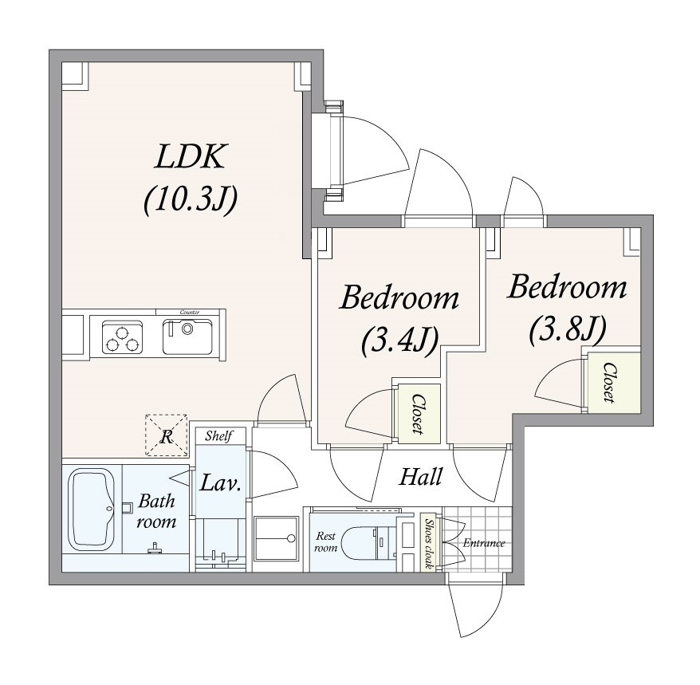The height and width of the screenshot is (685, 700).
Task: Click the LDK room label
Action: click(x=189, y=156)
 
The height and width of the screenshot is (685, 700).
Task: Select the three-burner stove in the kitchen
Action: click(x=122, y=337)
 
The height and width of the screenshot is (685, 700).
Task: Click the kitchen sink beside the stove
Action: click(x=187, y=337)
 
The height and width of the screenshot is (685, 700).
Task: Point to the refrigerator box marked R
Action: click(x=166, y=435)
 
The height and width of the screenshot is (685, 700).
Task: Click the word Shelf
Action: click(x=218, y=436)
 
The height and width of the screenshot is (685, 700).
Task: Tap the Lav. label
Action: click(x=221, y=482)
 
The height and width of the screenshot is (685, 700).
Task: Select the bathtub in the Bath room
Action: click(x=92, y=509)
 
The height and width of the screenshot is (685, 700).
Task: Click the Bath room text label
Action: click(x=156, y=511)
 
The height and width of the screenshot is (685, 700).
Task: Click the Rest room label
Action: click(x=325, y=541)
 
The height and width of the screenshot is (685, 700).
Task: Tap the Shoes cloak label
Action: click(x=429, y=543)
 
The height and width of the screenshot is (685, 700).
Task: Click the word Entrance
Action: click(x=484, y=543)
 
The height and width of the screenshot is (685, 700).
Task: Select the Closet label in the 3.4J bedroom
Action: click(x=418, y=414)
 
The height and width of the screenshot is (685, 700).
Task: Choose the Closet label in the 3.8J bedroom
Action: click(x=609, y=382)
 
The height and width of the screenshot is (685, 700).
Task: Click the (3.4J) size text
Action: click(x=399, y=341)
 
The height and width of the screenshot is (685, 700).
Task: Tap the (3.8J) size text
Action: click(x=568, y=330)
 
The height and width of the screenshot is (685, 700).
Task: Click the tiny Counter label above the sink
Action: click(x=189, y=312)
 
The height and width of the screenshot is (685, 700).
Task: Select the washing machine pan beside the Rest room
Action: click(x=277, y=538)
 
